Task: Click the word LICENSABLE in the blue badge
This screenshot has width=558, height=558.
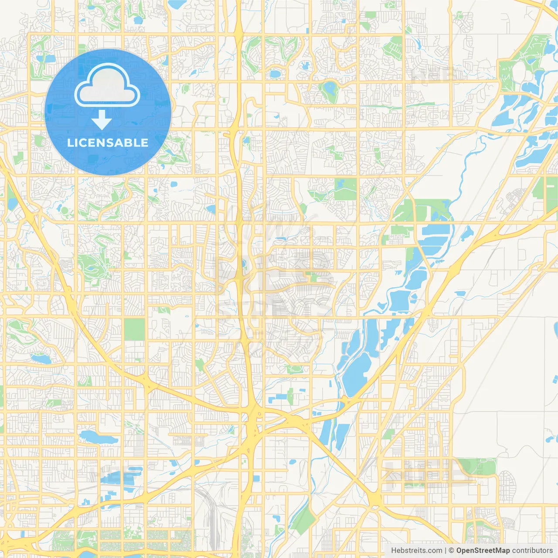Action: pyautogui.click(x=108, y=143)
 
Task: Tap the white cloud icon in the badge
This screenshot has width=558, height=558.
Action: pyautogui.click(x=107, y=86)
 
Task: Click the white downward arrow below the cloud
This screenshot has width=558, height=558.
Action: pyautogui.click(x=102, y=120)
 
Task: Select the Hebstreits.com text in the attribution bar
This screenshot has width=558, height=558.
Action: pyautogui.click(x=416, y=551)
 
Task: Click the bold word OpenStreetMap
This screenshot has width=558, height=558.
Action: pyautogui.click(x=483, y=551)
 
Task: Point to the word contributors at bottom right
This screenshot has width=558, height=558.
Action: pyautogui.click(x=532, y=551)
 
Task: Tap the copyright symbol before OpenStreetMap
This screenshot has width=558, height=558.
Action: pyautogui.click(x=452, y=551)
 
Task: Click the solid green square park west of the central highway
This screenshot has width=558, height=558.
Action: pyautogui.click(x=134, y=329)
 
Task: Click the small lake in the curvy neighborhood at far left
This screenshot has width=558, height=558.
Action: pyautogui.click(x=41, y=358)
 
